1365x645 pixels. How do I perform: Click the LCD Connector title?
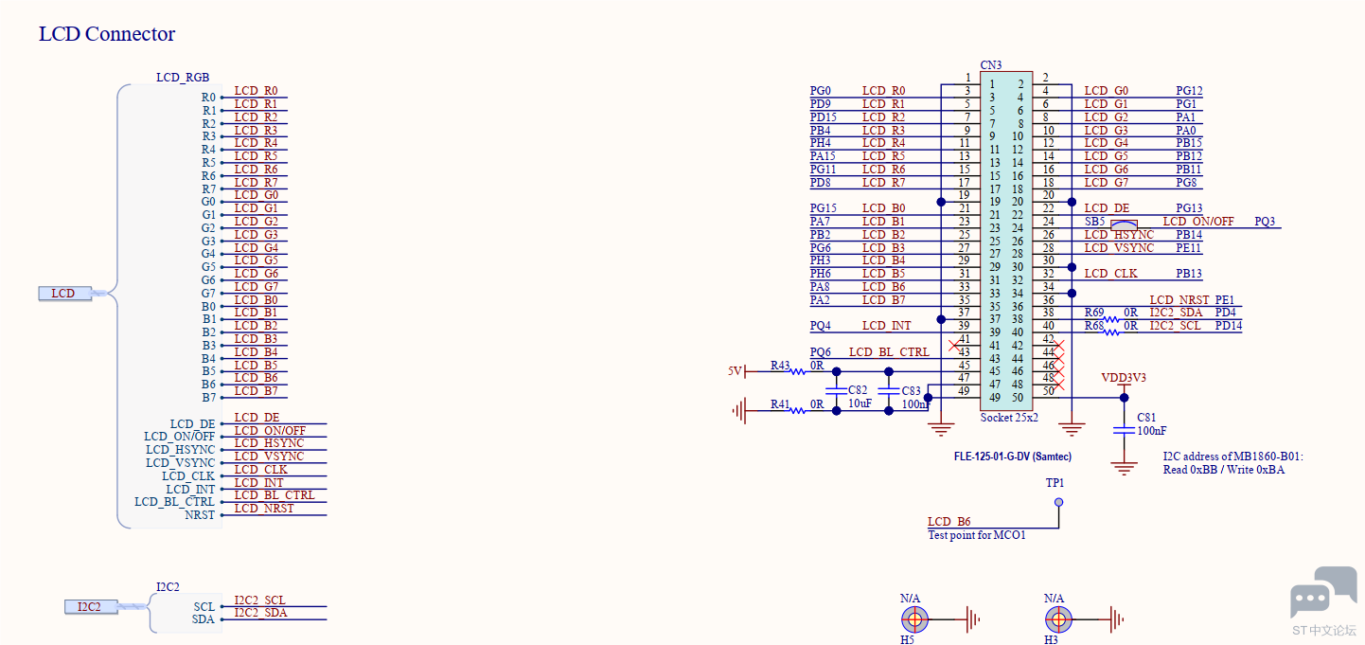(x=107, y=33)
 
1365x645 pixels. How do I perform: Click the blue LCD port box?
(x=64, y=294)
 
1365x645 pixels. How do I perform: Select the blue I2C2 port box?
(x=91, y=606)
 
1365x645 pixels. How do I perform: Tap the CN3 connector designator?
(x=990, y=64)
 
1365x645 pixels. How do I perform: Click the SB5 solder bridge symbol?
(x=1123, y=224)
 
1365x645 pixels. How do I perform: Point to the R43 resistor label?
(x=780, y=366)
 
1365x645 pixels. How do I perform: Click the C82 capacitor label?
(x=858, y=389)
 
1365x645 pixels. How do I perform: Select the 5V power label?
(x=735, y=370)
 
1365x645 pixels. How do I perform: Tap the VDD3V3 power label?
(x=1123, y=377)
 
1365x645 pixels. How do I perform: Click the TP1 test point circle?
(x=1058, y=502)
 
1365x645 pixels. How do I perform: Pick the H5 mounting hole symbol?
(x=914, y=620)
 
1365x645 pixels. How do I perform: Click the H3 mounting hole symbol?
(x=1058, y=620)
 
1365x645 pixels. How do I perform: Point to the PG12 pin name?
(x=1189, y=91)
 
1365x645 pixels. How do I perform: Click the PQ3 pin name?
(x=1265, y=222)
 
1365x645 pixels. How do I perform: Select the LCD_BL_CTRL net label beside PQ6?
(x=889, y=351)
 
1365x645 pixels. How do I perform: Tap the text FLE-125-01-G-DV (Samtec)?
(x=1012, y=456)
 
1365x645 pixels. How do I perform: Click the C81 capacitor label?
(x=1146, y=418)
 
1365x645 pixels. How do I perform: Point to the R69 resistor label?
(x=1094, y=313)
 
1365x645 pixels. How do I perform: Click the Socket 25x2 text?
(x=1008, y=418)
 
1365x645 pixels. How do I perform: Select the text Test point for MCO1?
(x=976, y=534)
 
